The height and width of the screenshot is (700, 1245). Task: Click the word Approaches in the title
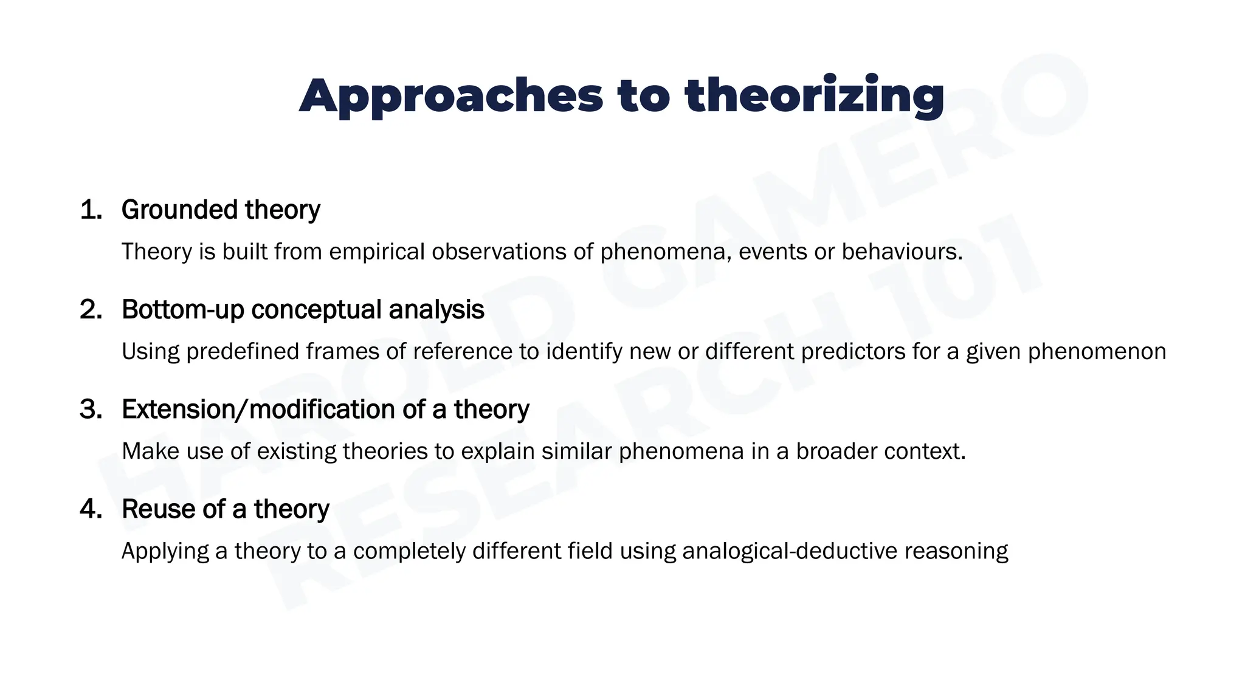coord(450,96)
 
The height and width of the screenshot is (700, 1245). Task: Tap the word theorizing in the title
coord(814,96)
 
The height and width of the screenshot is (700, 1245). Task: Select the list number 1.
coord(91,210)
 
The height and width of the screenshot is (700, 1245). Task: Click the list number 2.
coord(91,309)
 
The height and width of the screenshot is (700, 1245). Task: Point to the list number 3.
coord(91,409)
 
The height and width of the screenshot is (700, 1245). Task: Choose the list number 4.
coord(91,509)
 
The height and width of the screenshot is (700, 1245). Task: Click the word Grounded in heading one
coord(179,210)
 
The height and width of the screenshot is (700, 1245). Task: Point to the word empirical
coord(376,252)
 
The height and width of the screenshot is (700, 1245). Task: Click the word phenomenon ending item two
coord(1097,351)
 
